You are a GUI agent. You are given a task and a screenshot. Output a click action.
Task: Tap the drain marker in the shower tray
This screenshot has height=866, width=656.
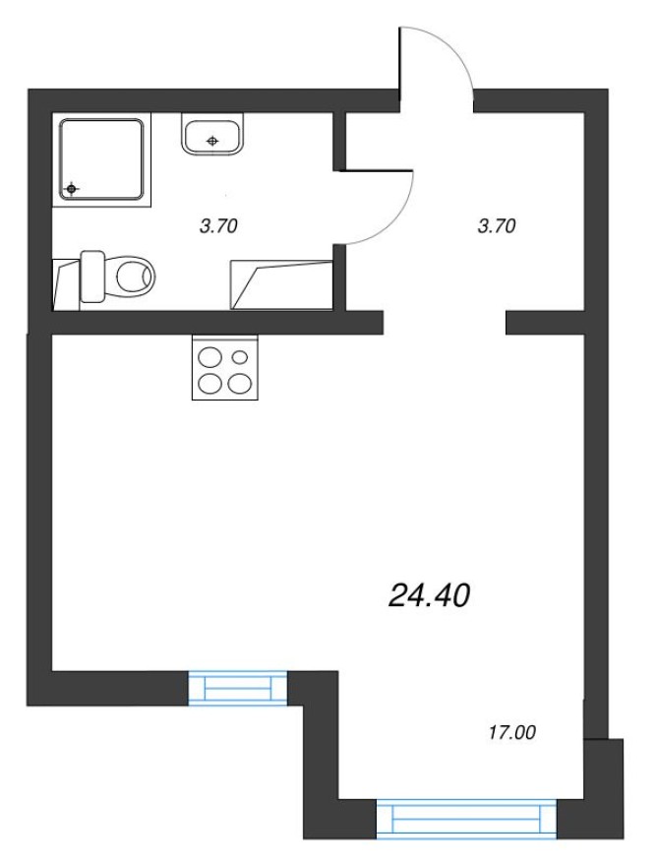72,187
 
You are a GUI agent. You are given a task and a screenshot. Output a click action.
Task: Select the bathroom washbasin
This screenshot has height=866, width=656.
212,135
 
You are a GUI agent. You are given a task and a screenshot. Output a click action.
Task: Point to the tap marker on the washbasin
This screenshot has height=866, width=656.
212,141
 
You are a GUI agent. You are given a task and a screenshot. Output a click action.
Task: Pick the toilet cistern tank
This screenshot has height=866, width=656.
92,277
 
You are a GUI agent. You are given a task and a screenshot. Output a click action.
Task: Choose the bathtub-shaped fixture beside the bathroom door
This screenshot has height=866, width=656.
280,284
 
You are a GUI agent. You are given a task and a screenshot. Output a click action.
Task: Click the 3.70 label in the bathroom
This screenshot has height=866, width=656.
218,226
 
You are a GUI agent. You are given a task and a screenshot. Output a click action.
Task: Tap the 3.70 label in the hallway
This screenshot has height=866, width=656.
496,226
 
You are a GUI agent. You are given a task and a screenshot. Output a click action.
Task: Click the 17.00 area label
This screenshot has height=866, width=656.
513,731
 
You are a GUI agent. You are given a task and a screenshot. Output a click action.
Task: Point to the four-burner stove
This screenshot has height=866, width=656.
225,367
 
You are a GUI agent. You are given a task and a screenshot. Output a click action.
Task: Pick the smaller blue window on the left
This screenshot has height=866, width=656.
237,687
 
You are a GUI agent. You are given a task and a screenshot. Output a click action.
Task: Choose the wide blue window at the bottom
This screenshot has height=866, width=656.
466,818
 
